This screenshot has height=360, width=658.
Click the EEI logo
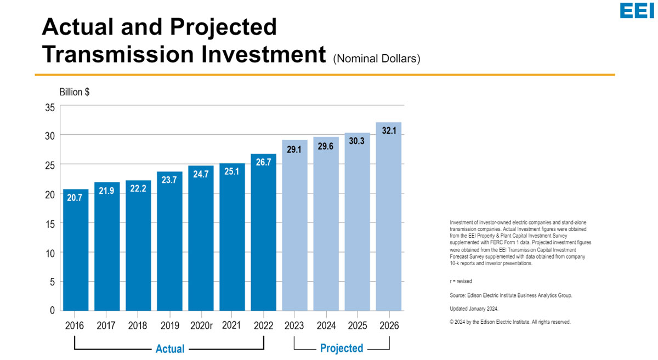click(637, 11)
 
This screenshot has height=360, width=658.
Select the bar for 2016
click(76, 252)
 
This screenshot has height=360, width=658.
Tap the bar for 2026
click(389, 219)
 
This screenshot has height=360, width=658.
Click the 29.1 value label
click(294, 149)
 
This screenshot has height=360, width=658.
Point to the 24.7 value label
click(201, 174)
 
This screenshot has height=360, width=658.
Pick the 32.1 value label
click(389, 131)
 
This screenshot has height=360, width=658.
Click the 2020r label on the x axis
click(201, 325)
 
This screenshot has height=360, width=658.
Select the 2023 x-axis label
click(294, 325)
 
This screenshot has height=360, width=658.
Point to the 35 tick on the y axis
click(50, 108)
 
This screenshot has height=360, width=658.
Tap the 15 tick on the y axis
click(50, 224)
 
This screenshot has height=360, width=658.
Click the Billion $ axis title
click(75, 92)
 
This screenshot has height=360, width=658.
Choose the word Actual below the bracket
click(170, 348)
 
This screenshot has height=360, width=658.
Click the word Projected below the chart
click(342, 348)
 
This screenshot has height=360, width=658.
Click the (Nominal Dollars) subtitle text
click(377, 59)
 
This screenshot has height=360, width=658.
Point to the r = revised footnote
click(461, 281)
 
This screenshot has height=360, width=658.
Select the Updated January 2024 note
click(474, 309)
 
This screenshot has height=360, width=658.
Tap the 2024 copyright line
click(510, 322)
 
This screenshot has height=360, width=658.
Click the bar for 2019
click(169, 241)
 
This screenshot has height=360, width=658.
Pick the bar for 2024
click(326, 225)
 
